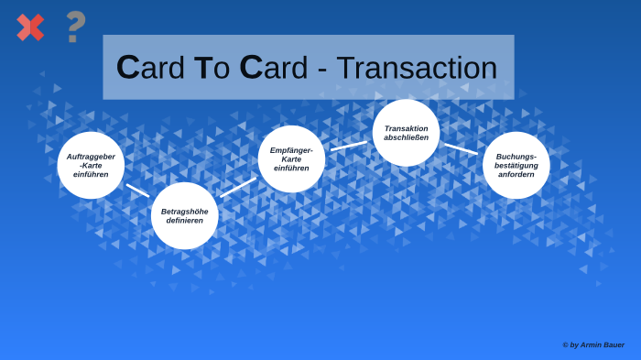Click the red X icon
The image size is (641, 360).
(30, 27)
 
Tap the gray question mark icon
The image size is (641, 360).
(75, 27)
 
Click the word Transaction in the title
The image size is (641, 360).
(417, 68)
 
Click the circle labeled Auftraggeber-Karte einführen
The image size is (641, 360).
(91, 165)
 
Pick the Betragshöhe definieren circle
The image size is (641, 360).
(184, 216)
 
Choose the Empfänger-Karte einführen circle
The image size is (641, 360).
(291, 159)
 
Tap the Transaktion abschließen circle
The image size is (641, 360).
(406, 133)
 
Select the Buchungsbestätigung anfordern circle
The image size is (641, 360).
(516, 165)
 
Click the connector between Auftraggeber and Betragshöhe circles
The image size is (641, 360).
(137, 191)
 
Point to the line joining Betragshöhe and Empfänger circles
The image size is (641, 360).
(238, 187)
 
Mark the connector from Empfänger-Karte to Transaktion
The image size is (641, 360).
(349, 146)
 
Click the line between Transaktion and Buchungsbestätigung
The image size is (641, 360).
(461, 148)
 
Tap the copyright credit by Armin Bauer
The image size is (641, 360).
(593, 345)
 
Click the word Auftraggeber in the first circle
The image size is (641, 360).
(91, 157)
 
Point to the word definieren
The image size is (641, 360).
(184, 221)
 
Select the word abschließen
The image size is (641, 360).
(406, 137)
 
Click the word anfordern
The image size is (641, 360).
(516, 174)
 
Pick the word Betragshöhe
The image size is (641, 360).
(184, 212)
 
